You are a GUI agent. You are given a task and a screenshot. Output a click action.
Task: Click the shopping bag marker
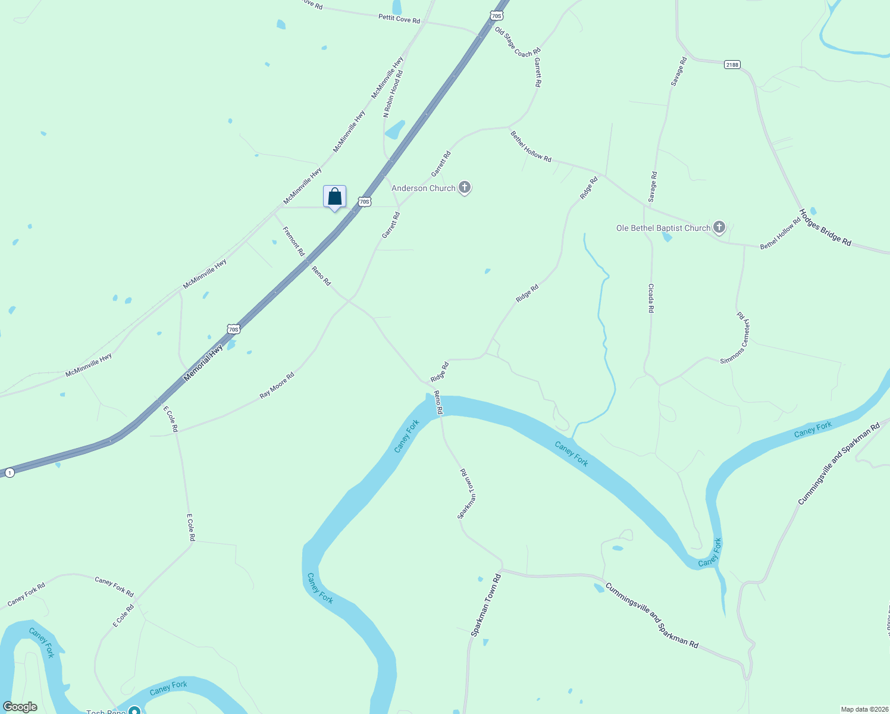point(334,197)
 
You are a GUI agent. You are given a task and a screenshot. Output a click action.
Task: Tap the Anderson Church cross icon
point(465,188)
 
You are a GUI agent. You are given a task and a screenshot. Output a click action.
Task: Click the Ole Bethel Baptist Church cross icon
point(719,227)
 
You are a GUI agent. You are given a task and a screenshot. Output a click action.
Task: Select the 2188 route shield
point(732,64)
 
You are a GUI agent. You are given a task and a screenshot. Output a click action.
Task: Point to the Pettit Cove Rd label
point(399,19)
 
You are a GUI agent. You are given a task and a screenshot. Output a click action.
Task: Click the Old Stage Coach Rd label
point(518,42)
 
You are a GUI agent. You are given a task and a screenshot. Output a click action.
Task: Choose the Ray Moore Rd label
point(277,386)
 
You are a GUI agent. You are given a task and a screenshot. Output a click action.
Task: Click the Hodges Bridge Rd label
point(825,227)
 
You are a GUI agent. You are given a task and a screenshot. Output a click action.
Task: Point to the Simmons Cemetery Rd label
point(736,338)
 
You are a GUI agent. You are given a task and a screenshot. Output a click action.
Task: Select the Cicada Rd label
point(651,298)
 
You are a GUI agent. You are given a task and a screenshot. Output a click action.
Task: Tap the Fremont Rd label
point(293,241)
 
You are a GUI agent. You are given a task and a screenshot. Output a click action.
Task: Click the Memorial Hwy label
point(203,362)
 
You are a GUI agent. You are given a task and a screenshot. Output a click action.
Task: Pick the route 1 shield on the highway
point(10,472)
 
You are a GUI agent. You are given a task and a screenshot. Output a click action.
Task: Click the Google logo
point(20,707)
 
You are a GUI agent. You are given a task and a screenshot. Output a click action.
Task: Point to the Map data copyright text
point(863,709)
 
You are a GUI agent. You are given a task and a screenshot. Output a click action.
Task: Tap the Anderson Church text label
point(424,188)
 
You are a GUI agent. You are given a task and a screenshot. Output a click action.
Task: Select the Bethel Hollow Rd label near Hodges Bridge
point(780,234)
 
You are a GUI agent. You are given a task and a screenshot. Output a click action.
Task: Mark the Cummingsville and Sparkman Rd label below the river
point(651,616)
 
